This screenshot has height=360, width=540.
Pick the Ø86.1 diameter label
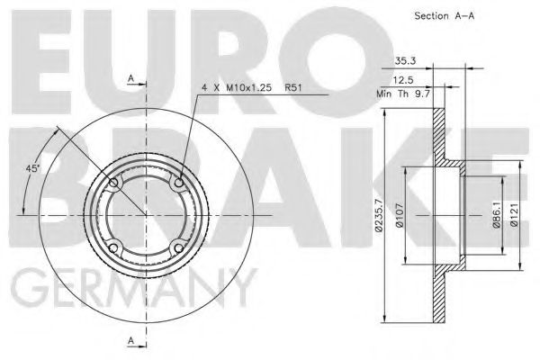coord(495,216)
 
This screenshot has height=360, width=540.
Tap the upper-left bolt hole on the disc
coord(113,184)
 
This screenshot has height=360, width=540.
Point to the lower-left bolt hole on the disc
coord(113,247)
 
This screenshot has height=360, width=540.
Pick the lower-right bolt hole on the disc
coord(178,247)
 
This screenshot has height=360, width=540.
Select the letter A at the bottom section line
coord(132,341)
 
